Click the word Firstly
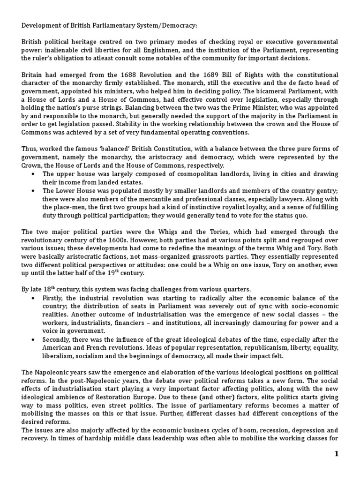(53, 298)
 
